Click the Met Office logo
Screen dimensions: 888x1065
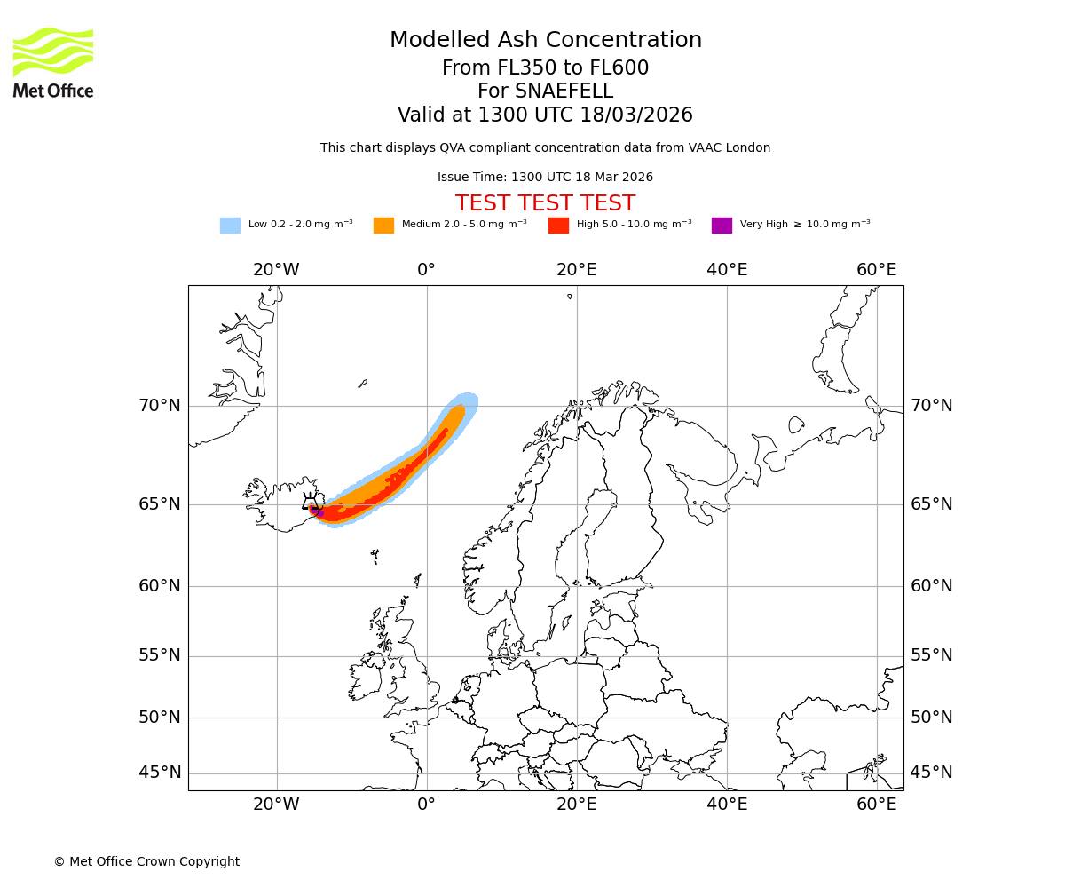point(53,62)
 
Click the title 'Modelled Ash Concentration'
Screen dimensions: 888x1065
point(545,41)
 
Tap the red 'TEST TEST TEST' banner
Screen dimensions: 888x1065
point(545,204)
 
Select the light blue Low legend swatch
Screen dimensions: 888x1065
point(230,226)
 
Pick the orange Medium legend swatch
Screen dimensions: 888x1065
point(383,226)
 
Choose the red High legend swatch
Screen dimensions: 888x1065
point(558,226)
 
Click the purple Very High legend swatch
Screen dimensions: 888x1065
point(722,226)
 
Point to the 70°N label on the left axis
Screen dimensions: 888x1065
point(160,406)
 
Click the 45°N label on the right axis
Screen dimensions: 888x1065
point(931,773)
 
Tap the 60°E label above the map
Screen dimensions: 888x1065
point(876,270)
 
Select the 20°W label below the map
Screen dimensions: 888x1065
point(276,805)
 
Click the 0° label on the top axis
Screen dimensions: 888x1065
point(427,270)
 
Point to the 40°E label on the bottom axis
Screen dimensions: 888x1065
point(727,805)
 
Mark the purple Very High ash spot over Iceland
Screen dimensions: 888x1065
point(315,511)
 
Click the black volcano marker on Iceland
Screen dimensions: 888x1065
point(310,503)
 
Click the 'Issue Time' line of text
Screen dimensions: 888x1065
point(545,178)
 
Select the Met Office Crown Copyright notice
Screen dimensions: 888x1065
point(146,862)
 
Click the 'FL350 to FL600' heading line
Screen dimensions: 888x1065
point(545,68)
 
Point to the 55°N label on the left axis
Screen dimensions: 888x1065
point(160,655)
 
